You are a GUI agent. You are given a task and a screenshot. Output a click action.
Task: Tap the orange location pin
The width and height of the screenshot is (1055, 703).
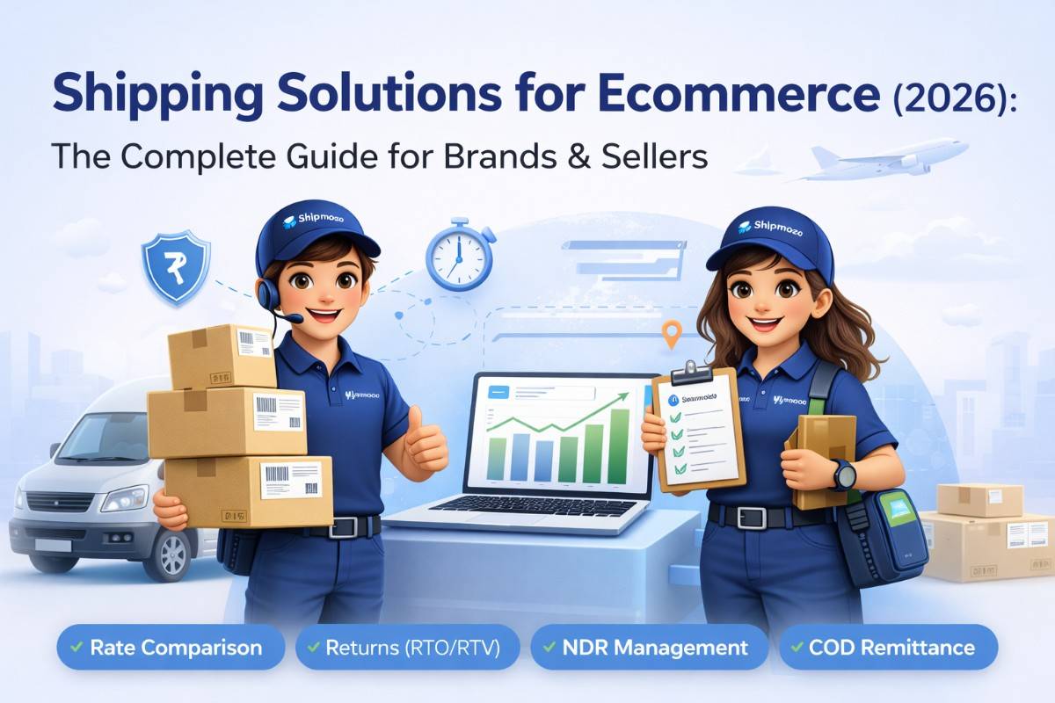coord(672,334)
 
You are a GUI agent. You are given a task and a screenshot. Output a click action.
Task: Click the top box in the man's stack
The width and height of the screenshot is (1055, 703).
coord(222,355)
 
